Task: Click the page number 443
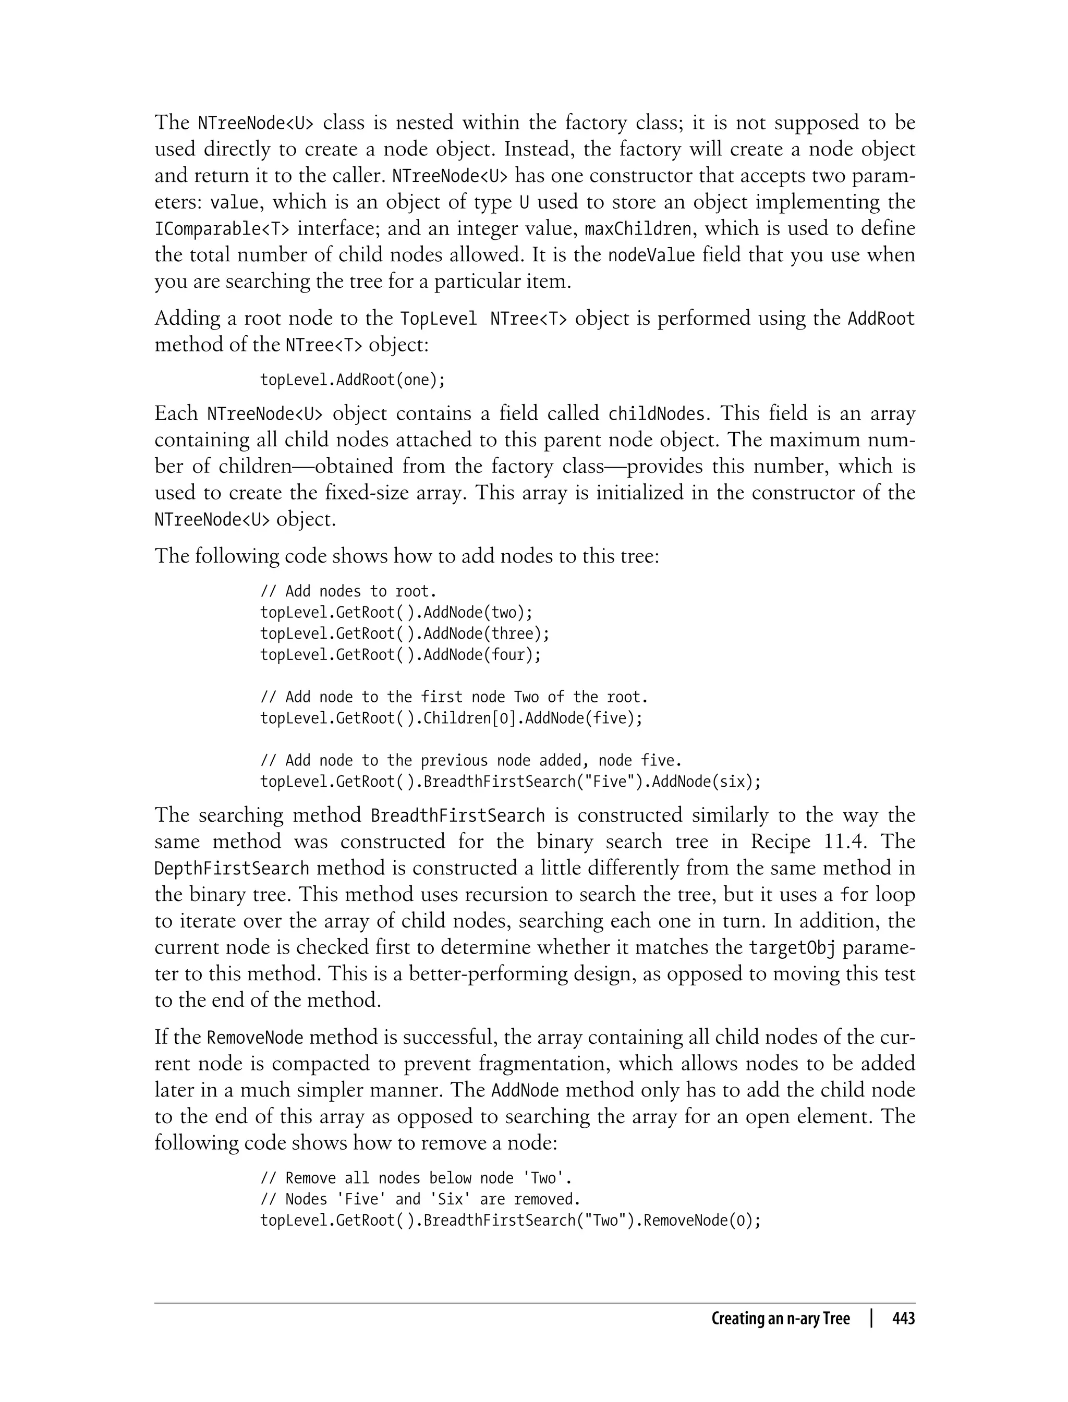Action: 903,1319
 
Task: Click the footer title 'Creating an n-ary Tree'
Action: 780,1319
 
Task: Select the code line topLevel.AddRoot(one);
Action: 353,380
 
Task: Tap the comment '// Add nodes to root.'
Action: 348,591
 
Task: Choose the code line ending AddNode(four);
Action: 400,655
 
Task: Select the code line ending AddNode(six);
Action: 511,782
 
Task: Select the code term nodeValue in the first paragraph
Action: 652,255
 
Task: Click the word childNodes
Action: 656,414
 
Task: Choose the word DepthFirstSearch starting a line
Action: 232,868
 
